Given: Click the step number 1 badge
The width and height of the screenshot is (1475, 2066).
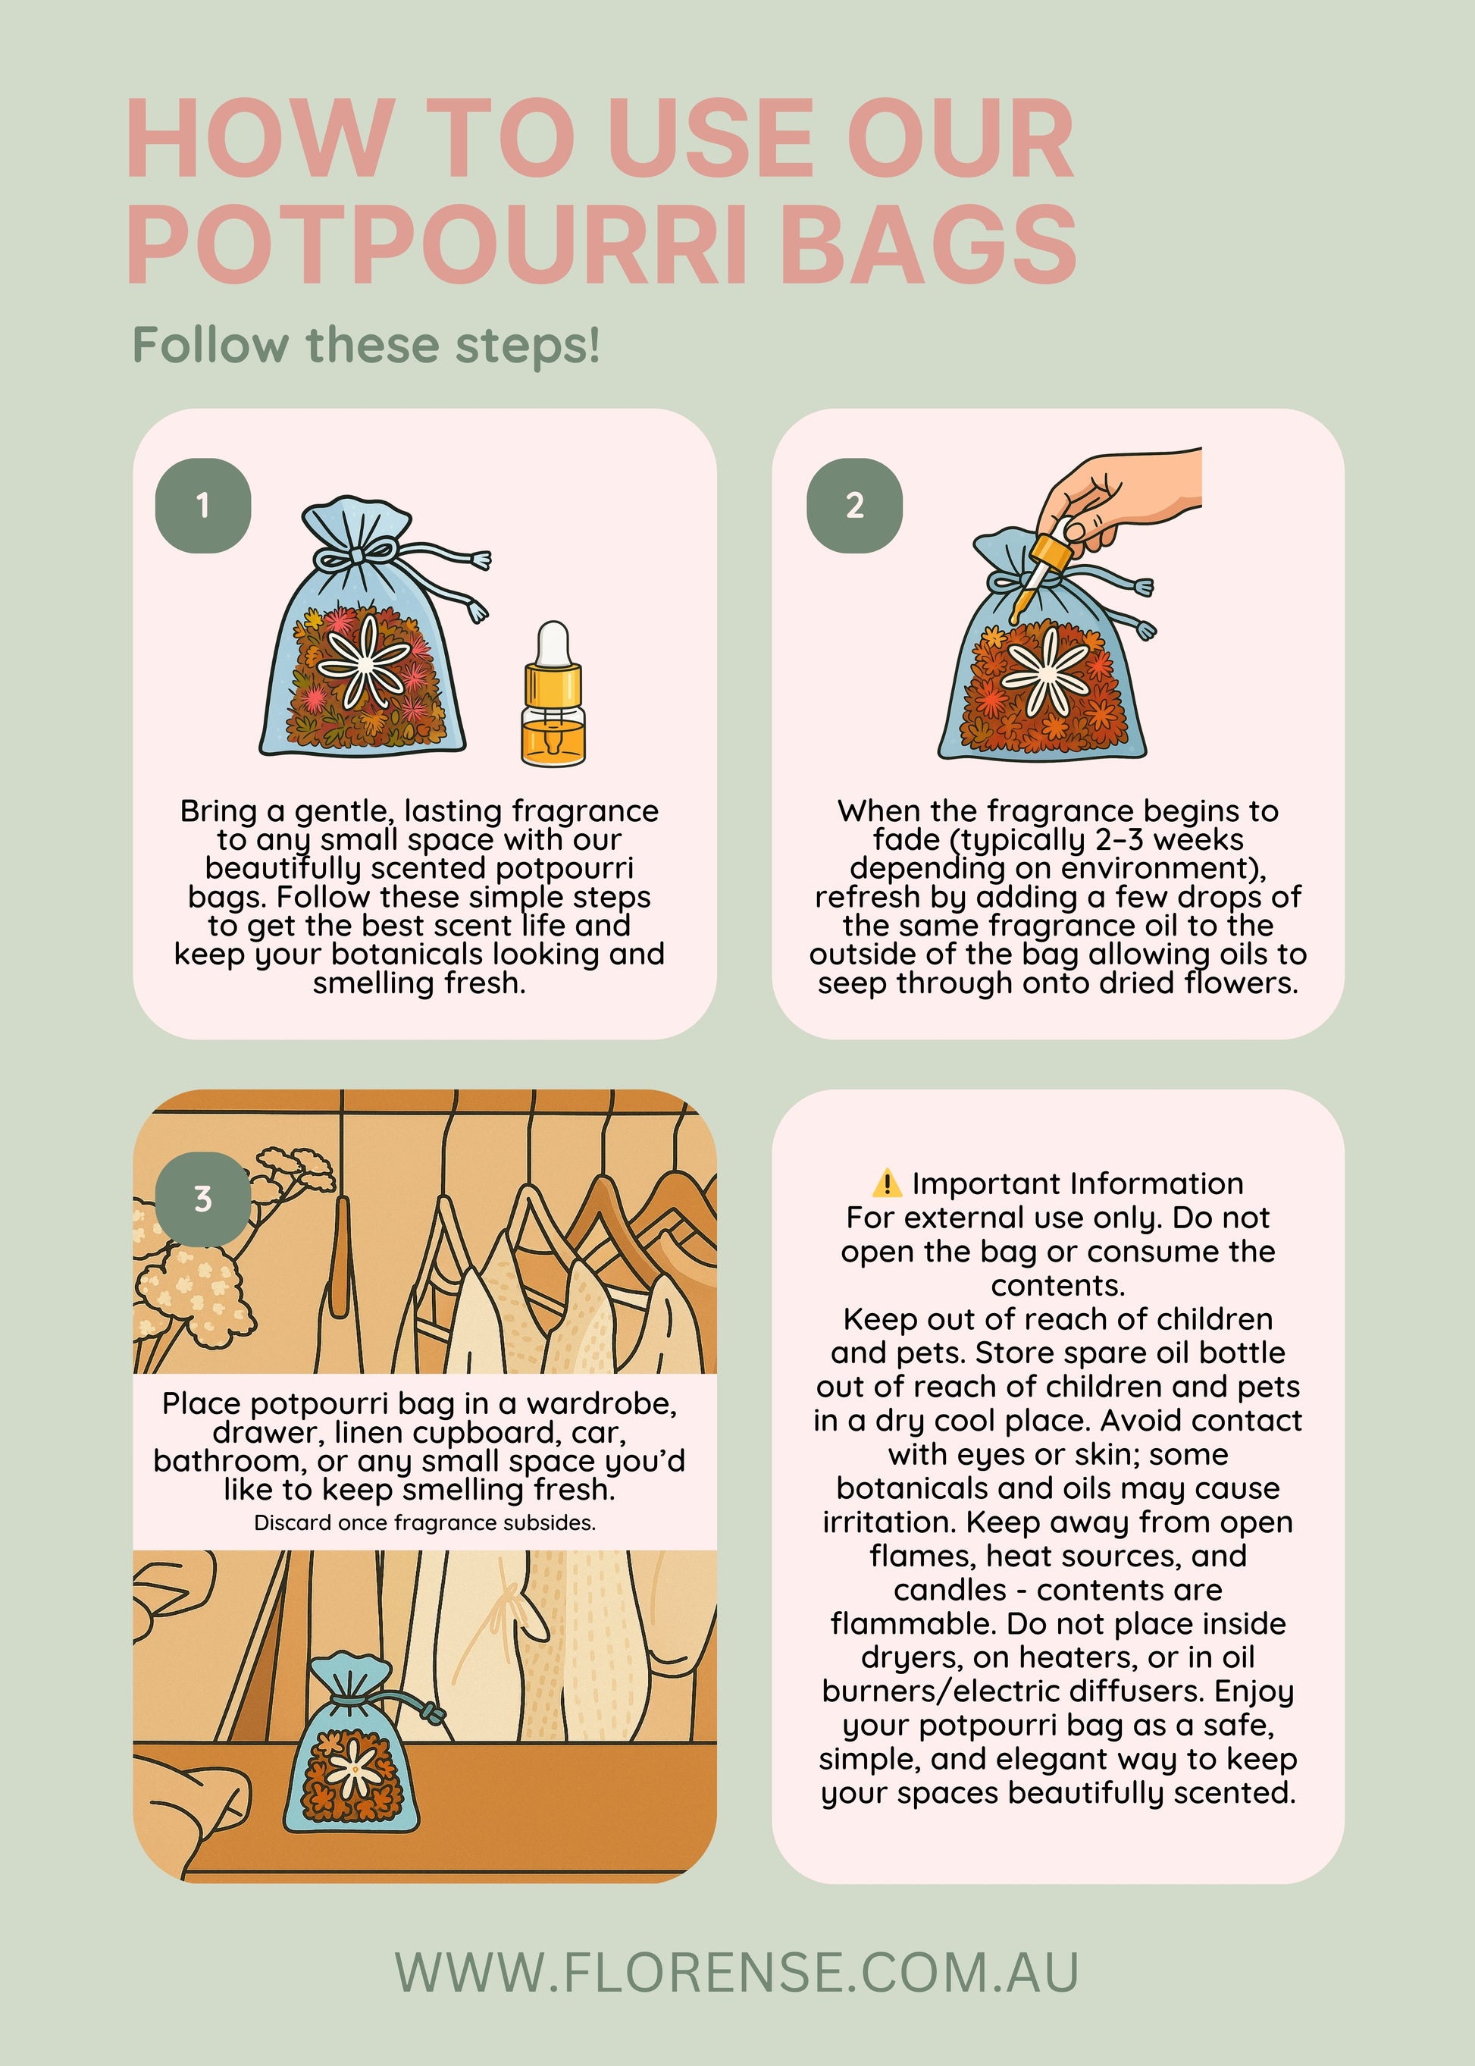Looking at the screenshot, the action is pos(202,505).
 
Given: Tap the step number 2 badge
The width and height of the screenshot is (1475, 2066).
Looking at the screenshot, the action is pos(855,505).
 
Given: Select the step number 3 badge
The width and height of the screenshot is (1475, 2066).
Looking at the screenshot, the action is pos(202,1199).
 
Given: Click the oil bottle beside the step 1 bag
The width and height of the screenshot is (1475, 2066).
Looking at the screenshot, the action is pos(553,692).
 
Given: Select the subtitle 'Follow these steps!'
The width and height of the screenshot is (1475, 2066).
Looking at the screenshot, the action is pos(367,345).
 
